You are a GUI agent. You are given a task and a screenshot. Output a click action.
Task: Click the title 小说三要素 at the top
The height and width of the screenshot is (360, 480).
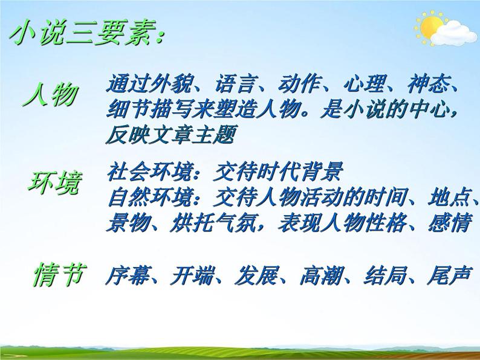click(x=85, y=34)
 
